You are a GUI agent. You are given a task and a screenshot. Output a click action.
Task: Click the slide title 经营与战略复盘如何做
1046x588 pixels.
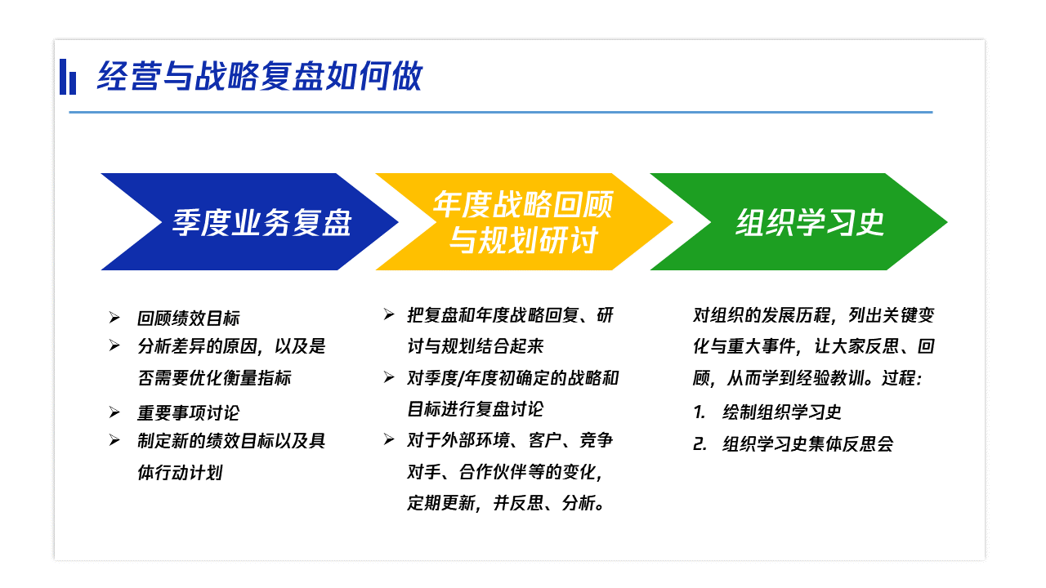point(260,76)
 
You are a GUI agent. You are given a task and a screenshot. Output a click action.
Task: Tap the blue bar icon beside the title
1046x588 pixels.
point(68,77)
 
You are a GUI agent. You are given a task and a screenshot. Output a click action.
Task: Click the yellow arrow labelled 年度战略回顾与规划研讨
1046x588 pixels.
point(524,221)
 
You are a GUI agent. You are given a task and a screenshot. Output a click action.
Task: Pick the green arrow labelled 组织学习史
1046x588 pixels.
point(798,221)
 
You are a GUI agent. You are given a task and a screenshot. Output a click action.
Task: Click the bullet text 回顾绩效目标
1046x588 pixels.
point(188,318)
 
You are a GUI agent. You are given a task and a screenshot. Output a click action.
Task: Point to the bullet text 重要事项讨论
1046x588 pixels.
point(188,413)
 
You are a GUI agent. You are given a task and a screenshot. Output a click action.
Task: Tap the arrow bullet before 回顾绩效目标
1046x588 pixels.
point(114,318)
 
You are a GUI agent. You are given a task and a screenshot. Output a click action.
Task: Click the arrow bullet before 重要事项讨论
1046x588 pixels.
point(114,412)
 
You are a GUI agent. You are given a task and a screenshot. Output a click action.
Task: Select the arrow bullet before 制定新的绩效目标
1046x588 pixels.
point(114,440)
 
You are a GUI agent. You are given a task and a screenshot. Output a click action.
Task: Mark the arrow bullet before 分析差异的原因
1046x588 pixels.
point(114,345)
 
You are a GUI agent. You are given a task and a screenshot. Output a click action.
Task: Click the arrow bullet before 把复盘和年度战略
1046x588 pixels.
point(389,314)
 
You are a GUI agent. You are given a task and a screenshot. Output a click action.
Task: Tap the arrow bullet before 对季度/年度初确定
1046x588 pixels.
point(389,377)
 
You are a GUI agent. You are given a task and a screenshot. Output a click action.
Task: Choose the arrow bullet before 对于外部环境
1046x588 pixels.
point(389,439)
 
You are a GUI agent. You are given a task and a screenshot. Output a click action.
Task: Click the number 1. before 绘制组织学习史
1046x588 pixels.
point(699,412)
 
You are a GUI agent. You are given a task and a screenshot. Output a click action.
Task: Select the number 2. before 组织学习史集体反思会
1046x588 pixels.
point(700,443)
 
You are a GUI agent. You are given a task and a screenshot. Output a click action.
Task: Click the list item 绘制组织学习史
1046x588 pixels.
point(782,412)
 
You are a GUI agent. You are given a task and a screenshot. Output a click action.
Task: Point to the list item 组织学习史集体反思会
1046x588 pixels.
point(808,443)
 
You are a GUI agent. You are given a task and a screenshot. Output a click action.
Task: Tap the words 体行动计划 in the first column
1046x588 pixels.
point(180,473)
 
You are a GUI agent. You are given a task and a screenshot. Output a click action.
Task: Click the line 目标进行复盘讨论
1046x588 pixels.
point(476,409)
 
